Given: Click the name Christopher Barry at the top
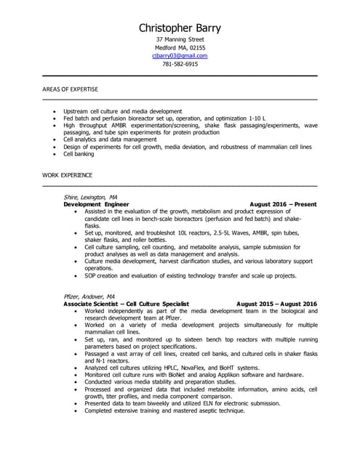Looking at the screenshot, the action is click(x=180, y=28).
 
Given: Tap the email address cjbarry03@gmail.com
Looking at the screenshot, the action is click(x=180, y=55).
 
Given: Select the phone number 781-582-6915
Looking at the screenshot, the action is click(x=180, y=64).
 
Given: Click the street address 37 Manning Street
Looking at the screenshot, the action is click(x=180, y=39).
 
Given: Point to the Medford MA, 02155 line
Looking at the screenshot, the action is click(x=180, y=47).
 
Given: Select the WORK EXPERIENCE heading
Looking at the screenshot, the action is click(x=68, y=176).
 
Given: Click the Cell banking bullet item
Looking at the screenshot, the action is click(x=79, y=154).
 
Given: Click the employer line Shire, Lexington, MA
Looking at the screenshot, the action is click(x=91, y=197).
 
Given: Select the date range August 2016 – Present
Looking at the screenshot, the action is click(x=283, y=204).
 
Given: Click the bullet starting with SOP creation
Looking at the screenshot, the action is click(x=190, y=276).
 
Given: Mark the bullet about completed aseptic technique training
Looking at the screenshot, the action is click(x=164, y=411).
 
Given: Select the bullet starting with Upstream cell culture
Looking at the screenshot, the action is click(x=122, y=111).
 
